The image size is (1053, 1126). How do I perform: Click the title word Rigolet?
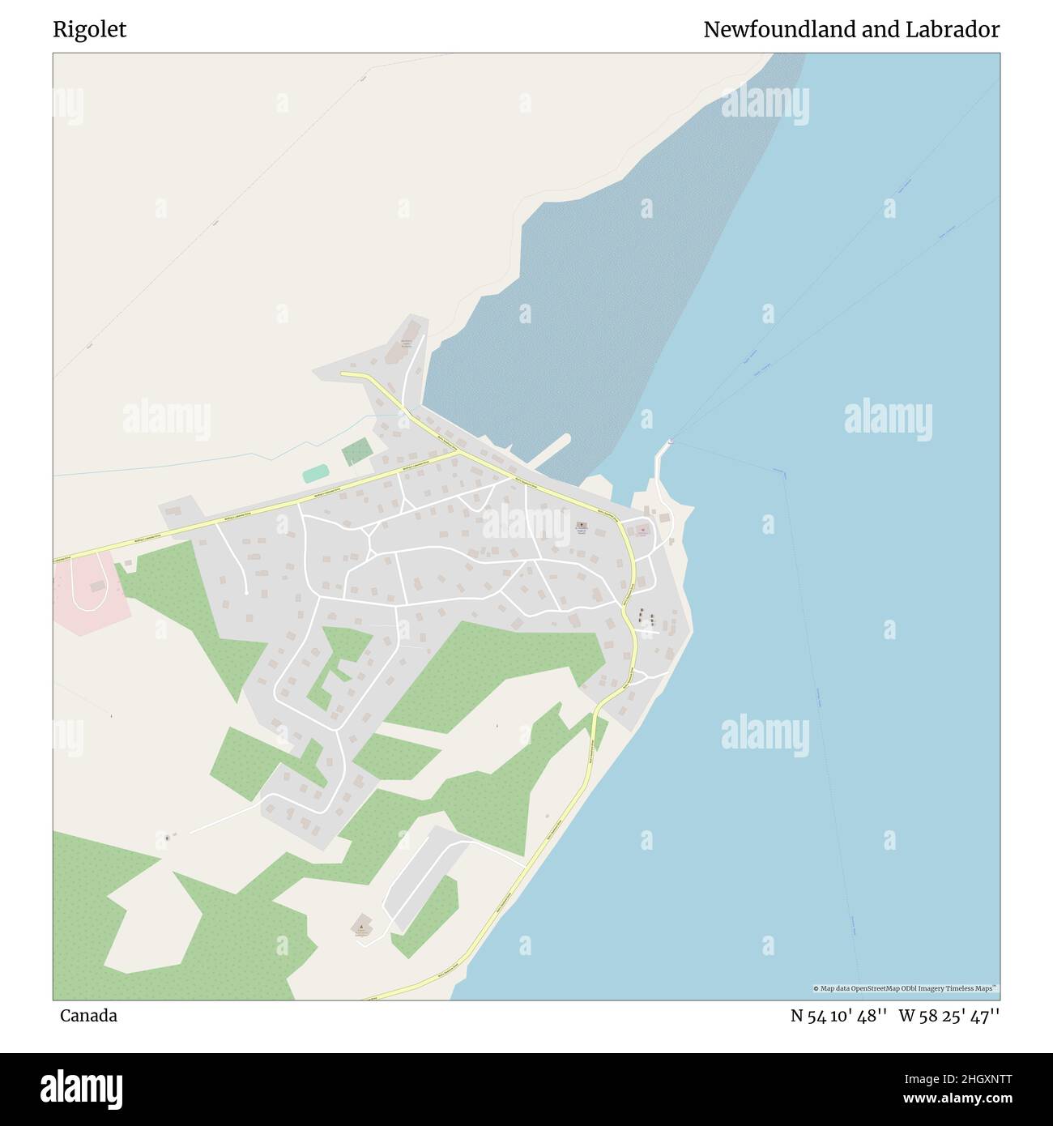pos(89,30)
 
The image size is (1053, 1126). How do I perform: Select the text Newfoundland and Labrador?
pos(850,30)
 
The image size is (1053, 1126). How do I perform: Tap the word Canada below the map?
pos(87,1016)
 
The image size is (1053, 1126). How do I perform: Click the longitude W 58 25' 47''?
pos(949,1016)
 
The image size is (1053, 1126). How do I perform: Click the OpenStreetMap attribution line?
pos(905,988)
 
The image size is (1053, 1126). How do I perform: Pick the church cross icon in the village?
pos(582,526)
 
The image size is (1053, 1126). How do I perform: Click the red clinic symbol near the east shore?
pos(642,531)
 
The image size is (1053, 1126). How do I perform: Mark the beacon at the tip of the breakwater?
pos(670,441)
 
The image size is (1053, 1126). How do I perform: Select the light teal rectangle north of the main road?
pos(316,473)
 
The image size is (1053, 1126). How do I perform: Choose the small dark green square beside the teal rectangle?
pos(356,451)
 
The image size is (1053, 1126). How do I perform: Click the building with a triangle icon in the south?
pos(361,926)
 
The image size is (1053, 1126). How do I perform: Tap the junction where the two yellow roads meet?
pos(457,451)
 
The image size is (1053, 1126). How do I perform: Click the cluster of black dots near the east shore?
pos(646,616)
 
